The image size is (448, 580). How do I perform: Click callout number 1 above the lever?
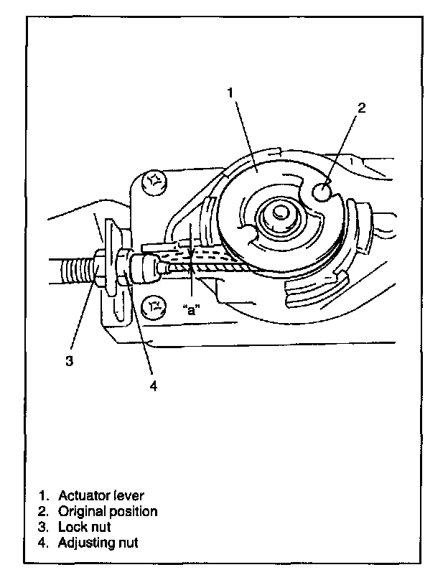[230, 92]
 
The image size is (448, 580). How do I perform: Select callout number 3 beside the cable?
[69, 361]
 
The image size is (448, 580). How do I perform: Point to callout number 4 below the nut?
[153, 385]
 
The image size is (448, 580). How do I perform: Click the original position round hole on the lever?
[324, 192]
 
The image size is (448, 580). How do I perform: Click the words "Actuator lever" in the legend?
[102, 495]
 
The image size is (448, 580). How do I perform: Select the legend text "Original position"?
[108, 511]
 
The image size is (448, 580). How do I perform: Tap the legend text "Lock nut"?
[85, 527]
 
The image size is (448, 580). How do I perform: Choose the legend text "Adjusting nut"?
[98, 543]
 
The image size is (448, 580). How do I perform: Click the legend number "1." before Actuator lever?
[45, 495]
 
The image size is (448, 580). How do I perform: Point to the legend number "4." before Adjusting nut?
[45, 543]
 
